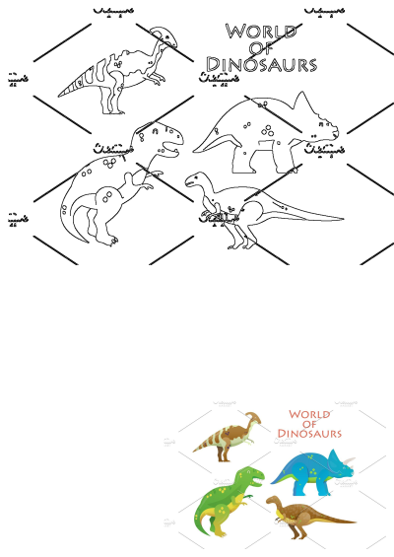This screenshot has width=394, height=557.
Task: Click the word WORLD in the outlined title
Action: coord(260,32)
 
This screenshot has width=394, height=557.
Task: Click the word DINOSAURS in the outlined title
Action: coord(261,65)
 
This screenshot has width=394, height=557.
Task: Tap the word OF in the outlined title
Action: coord(261,48)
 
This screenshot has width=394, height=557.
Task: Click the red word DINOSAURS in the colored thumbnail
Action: coord(309,432)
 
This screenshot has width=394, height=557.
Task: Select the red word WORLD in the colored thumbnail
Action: coord(309,415)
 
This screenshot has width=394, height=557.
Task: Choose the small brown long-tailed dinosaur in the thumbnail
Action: coord(304,514)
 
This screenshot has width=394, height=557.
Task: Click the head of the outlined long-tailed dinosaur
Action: coord(193,179)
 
